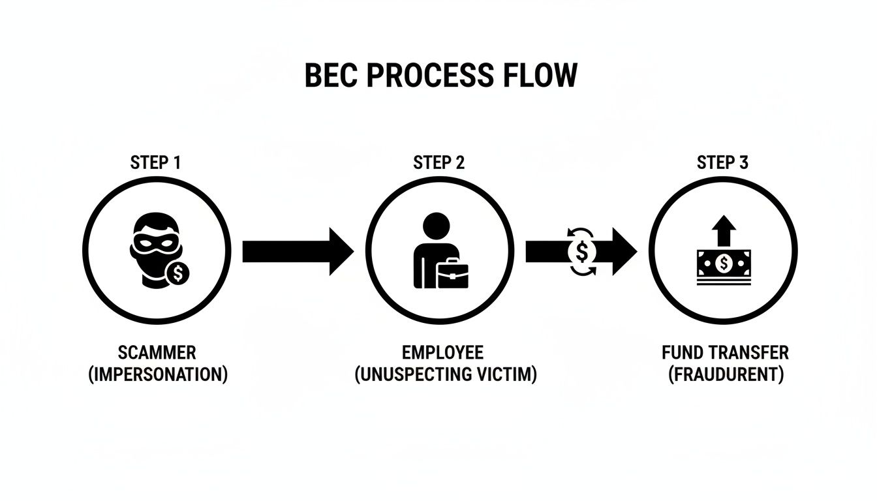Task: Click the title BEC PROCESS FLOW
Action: click(x=441, y=76)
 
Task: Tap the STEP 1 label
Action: click(x=155, y=162)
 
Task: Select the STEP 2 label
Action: click(x=438, y=162)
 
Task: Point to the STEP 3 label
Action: click(x=722, y=162)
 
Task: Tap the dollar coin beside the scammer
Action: click(x=177, y=273)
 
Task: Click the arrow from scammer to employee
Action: click(x=297, y=250)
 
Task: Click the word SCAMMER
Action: click(x=157, y=353)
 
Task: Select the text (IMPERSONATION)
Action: click(x=158, y=376)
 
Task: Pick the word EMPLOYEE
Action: click(x=443, y=353)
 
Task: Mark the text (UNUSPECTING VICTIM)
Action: click(x=446, y=376)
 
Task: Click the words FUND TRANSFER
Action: click(x=725, y=353)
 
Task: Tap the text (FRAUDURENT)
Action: click(x=726, y=376)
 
